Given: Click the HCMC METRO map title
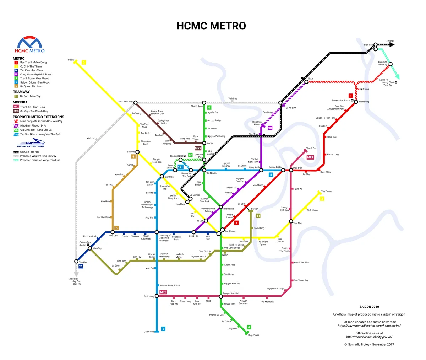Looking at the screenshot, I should (211, 26).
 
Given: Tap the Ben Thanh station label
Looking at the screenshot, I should (230, 231).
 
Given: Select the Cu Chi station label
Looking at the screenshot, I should (71, 60).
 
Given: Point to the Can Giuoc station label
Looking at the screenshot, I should (149, 332).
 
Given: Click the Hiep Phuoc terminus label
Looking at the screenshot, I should (253, 335).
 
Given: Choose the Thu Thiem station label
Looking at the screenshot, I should (326, 192).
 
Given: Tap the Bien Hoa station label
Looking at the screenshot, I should (368, 45).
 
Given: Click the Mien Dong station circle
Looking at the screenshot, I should (356, 102).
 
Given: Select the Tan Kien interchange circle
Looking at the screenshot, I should (76, 262).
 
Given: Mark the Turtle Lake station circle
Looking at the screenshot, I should (221, 207).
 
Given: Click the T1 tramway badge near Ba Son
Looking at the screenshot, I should (258, 216).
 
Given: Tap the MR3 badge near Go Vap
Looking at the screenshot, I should (198, 148).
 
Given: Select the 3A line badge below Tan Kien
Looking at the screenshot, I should (81, 266).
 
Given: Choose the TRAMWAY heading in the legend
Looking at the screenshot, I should (21, 92).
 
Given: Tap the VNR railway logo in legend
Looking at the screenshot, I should (31, 143).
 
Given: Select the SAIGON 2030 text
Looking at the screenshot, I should (369, 307).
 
